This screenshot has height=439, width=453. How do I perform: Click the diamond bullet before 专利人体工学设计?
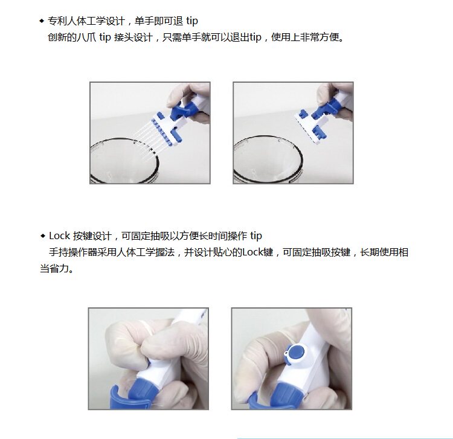coord(42,21)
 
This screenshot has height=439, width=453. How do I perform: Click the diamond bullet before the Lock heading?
coord(43,236)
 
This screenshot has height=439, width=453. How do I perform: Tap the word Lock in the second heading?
coord(60,236)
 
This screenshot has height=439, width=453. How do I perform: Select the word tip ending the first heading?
coord(192,21)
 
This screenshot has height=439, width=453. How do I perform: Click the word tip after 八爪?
coord(105,37)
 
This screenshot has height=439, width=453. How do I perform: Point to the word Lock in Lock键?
coord(253,252)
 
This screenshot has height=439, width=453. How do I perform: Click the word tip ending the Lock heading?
coord(256,236)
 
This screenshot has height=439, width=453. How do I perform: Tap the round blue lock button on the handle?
coord(297,352)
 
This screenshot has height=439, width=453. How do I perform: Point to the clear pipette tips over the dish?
coord(144,141)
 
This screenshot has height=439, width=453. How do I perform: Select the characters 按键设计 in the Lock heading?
coord(92,236)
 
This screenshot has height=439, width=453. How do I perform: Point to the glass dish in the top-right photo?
coord(268,159)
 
